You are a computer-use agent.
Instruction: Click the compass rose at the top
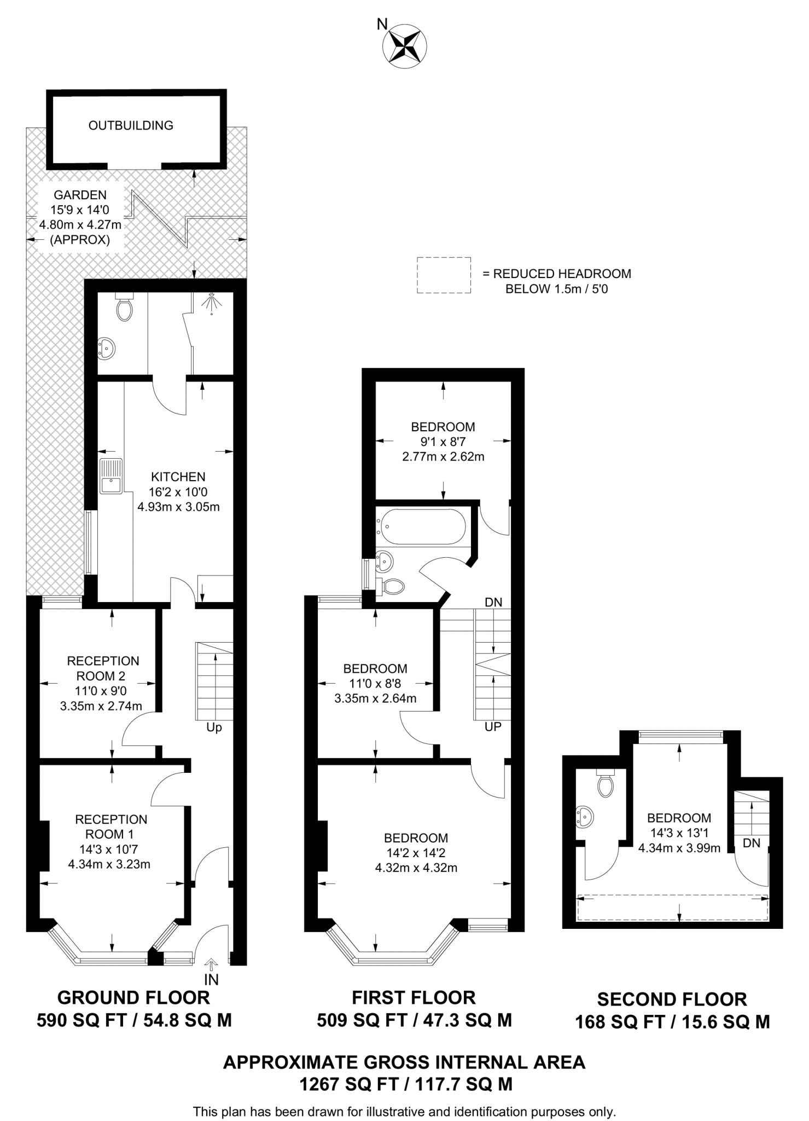405,46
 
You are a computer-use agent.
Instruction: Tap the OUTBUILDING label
131,125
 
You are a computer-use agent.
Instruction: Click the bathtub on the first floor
421,527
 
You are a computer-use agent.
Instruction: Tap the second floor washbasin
585,817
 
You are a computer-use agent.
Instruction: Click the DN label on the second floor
752,843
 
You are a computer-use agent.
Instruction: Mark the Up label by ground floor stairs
214,727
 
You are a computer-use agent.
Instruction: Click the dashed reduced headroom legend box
444,275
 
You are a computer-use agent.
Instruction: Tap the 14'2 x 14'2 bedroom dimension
416,853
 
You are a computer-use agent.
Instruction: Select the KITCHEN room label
178,477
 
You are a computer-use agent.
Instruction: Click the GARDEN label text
80,195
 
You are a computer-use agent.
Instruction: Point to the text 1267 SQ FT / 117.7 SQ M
405,1084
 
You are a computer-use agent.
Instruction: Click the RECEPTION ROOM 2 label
103,668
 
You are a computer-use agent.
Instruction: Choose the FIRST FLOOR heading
414,997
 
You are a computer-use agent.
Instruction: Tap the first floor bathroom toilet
392,587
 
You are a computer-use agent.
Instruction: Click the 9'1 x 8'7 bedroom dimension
443,442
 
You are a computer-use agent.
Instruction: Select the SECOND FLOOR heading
672,999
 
